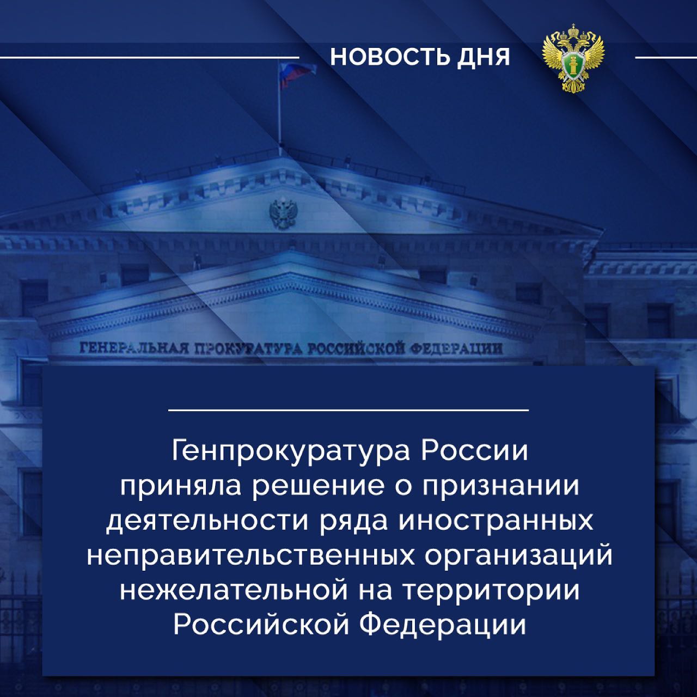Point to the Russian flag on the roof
(295, 74)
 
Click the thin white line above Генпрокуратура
(348, 411)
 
